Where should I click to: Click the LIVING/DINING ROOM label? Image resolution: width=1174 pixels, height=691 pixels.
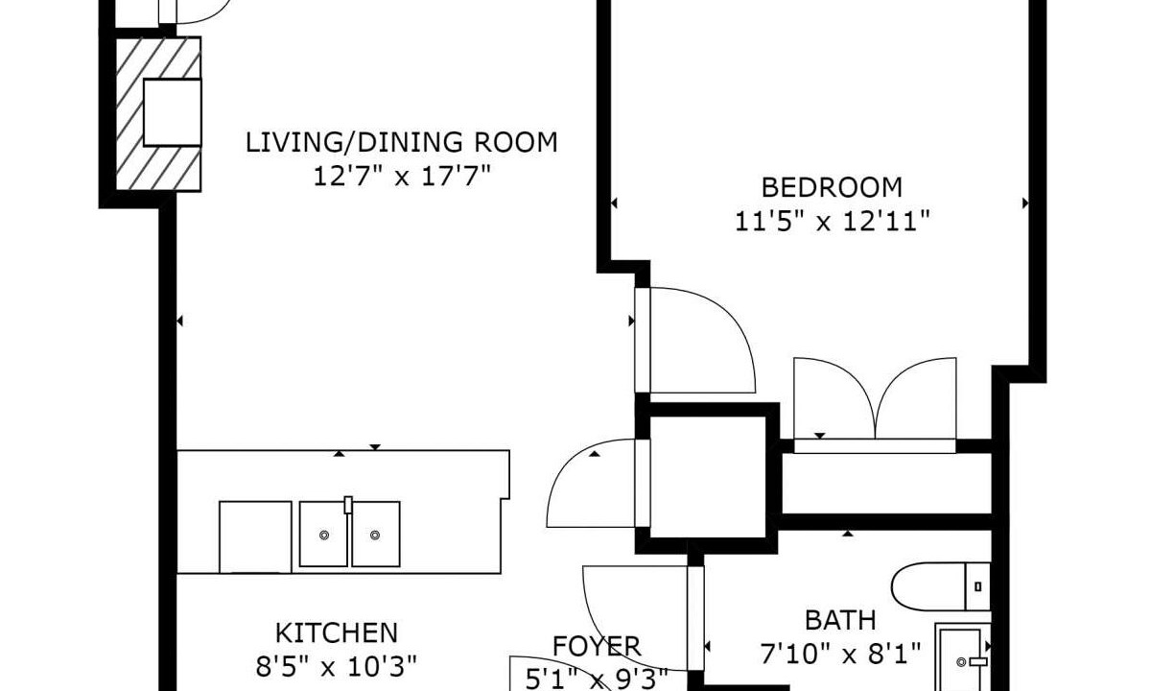pos(402,143)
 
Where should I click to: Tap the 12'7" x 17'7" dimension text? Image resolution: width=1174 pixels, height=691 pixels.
pos(402,177)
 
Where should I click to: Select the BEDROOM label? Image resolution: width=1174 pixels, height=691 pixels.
pos(832,188)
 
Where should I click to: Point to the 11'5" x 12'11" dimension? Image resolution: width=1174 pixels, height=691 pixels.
pos(832,222)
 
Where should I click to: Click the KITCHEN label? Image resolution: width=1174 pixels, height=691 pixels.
pos(337,633)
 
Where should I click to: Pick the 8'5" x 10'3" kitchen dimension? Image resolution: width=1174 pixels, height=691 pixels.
pos(337,667)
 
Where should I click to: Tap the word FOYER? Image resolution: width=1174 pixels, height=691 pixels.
pos(597,647)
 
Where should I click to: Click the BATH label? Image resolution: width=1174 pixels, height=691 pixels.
pos(840,621)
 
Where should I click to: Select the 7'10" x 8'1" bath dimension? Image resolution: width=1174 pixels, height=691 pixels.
pos(840,655)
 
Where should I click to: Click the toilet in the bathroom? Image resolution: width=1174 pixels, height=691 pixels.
pos(940,586)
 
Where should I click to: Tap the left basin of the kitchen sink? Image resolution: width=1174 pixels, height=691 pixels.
pos(323,535)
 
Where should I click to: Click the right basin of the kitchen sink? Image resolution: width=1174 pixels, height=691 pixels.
pos(376,535)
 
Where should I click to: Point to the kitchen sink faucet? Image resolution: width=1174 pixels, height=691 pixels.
pos(348,505)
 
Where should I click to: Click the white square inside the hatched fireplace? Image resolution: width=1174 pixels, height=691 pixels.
pos(172,112)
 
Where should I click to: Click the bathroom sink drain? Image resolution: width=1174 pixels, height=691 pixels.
pos(961,662)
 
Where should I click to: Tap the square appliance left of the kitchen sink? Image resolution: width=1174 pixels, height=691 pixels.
pos(255,537)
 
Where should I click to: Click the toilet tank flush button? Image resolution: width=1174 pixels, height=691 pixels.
pos(978,586)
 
